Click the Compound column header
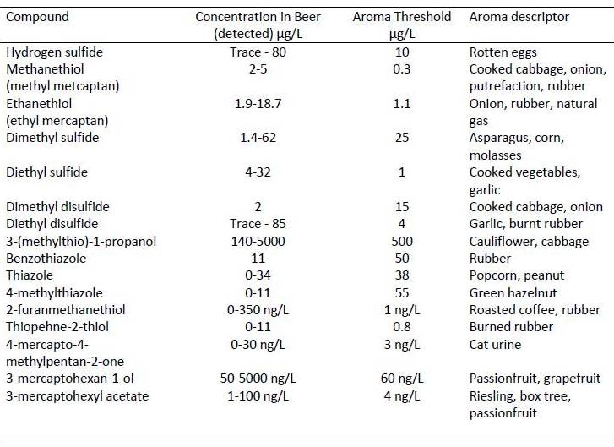(37, 17)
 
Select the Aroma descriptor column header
(519, 17)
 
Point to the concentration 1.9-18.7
(257, 104)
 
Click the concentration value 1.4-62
(257, 138)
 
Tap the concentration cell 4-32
(257, 172)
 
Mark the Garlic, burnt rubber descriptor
(525, 224)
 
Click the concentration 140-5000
(257, 241)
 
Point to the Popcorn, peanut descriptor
(517, 275)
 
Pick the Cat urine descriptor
(495, 345)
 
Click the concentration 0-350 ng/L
(257, 310)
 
